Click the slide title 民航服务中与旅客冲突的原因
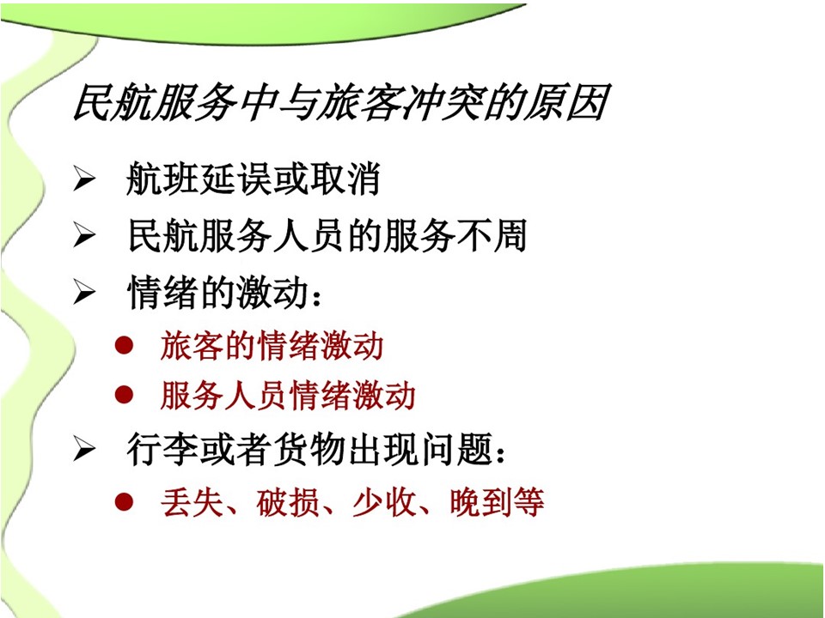pyautogui.click(x=341, y=102)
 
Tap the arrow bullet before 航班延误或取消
pyautogui.click(x=83, y=179)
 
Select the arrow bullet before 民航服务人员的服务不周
pyautogui.click(x=83, y=234)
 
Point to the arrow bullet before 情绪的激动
pyautogui.click(x=83, y=292)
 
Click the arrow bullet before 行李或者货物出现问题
pyautogui.click(x=83, y=449)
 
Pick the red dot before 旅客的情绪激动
pyautogui.click(x=124, y=345)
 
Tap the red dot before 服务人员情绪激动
pyautogui.click(x=124, y=394)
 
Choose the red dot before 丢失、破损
pyautogui.click(x=124, y=500)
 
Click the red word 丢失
pyautogui.click(x=192, y=502)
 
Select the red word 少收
pyautogui.click(x=384, y=502)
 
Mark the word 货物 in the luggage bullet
pyautogui.click(x=310, y=449)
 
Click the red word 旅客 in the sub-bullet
pyautogui.click(x=192, y=346)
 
